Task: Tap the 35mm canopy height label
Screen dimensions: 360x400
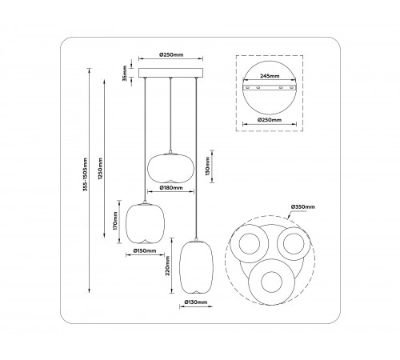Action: click(124, 74)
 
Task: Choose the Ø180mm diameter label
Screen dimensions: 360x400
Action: click(172, 189)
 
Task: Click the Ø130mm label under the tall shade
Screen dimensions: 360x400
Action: click(196, 302)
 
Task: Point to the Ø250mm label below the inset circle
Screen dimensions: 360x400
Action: click(270, 119)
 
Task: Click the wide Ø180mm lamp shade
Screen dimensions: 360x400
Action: click(171, 167)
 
